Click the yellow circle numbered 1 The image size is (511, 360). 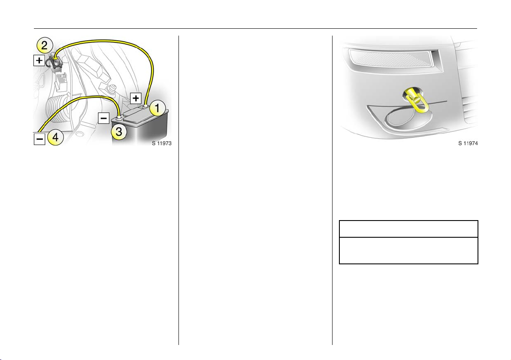[x=157, y=108]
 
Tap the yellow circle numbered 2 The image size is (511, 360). [x=44, y=45]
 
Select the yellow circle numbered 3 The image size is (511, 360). [x=119, y=131]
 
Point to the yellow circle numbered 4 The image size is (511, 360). [x=56, y=137]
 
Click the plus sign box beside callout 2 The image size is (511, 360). [x=39, y=60]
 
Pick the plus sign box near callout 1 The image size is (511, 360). [x=136, y=98]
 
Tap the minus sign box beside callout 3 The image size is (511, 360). [x=104, y=118]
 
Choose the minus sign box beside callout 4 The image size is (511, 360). [x=39, y=139]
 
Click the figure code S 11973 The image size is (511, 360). [x=162, y=143]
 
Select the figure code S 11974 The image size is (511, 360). [x=468, y=143]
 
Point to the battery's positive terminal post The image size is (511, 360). [x=145, y=105]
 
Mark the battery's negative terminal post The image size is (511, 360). [x=119, y=115]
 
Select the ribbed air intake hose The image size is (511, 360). [x=59, y=109]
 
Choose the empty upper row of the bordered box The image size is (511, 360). [x=408, y=229]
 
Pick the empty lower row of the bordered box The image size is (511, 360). [x=408, y=250]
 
